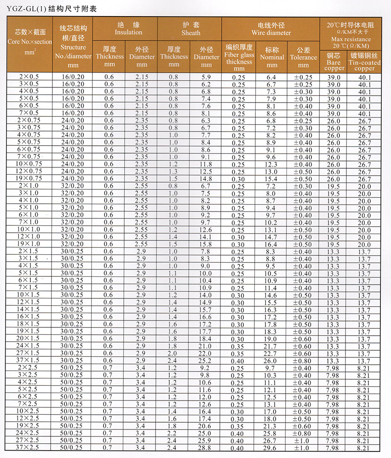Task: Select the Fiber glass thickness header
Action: point(239,57)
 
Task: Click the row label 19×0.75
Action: point(29,178)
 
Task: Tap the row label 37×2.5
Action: point(29,448)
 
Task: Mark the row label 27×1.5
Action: point(29,353)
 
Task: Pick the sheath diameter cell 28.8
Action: point(206,448)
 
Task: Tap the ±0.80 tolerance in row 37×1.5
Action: point(304,361)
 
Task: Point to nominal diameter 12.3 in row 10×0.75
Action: point(270,164)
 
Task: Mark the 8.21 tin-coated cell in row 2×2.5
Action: point(364,368)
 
